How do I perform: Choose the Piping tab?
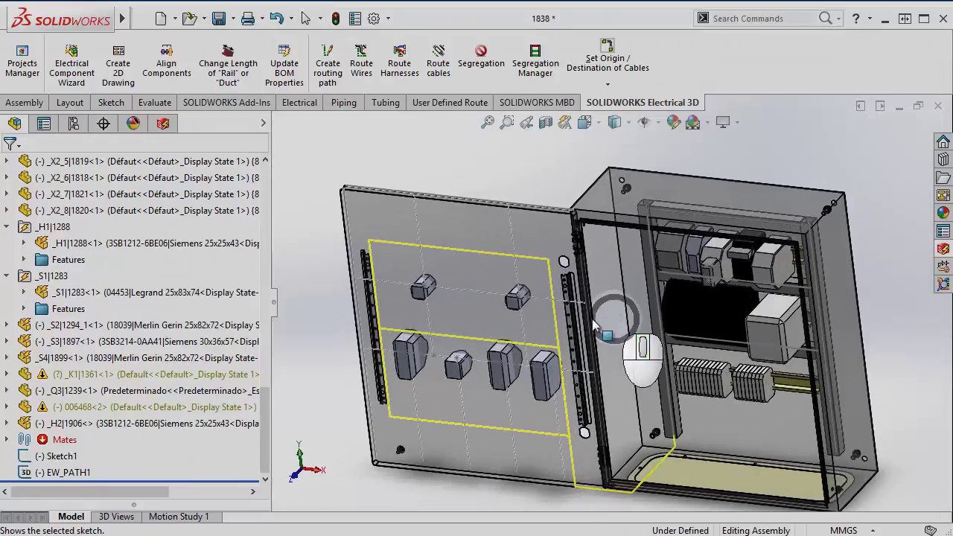click(x=343, y=103)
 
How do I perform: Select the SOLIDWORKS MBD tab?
click(x=536, y=103)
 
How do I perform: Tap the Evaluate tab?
click(x=154, y=103)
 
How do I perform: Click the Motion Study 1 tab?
click(x=179, y=517)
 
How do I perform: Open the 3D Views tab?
click(x=116, y=517)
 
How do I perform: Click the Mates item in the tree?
click(x=64, y=440)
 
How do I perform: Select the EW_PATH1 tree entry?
click(x=68, y=473)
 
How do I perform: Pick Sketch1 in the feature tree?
click(x=61, y=456)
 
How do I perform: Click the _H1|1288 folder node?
click(x=53, y=227)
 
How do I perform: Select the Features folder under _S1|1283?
click(x=68, y=309)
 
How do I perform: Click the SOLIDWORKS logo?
click(x=61, y=19)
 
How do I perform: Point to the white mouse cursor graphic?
click(x=643, y=360)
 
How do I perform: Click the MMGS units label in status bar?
click(x=844, y=531)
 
